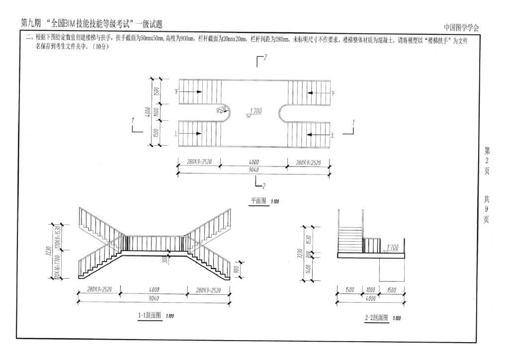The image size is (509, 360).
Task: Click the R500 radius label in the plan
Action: coord(222,111)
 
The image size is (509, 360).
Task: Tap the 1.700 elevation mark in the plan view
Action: coord(255,111)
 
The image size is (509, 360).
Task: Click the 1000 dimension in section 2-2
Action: coord(371,289)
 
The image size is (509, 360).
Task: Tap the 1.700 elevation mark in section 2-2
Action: coord(392,247)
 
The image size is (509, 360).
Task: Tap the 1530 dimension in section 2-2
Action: coord(308,239)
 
